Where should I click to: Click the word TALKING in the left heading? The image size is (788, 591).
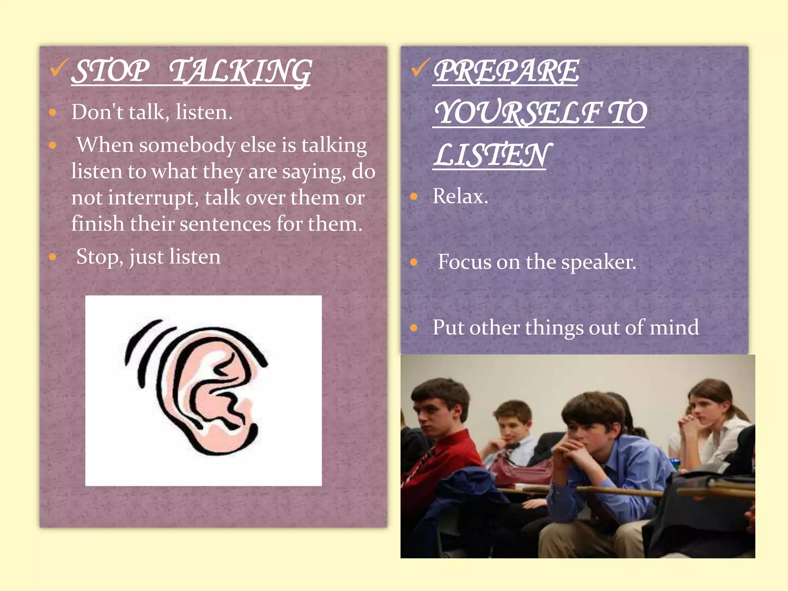tap(240, 72)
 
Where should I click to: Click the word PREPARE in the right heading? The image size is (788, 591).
tap(506, 71)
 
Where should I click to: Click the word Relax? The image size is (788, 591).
tap(460, 196)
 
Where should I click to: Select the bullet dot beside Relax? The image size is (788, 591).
tap(414, 197)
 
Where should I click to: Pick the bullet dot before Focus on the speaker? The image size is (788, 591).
tap(414, 262)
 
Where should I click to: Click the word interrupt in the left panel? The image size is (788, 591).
tap(153, 198)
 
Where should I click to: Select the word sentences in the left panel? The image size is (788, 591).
tap(225, 224)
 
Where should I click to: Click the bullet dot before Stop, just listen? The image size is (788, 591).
tap(53, 257)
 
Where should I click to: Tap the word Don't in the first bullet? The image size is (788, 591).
tap(97, 112)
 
